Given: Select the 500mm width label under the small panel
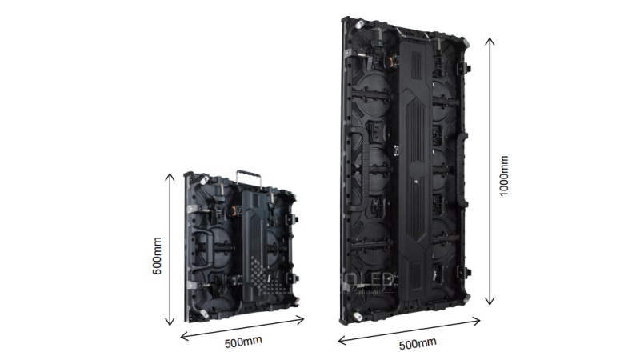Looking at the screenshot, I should [243, 342].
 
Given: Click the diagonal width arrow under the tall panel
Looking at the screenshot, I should [409, 330].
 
